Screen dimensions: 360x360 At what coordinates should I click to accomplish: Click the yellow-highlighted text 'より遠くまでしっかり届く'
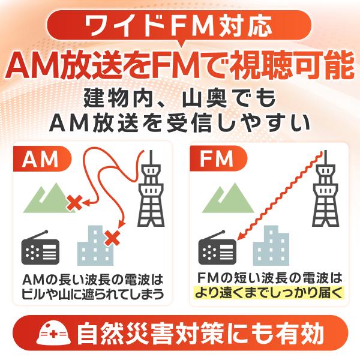point(268,293)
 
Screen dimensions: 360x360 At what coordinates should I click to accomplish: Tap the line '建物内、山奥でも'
point(179,98)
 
